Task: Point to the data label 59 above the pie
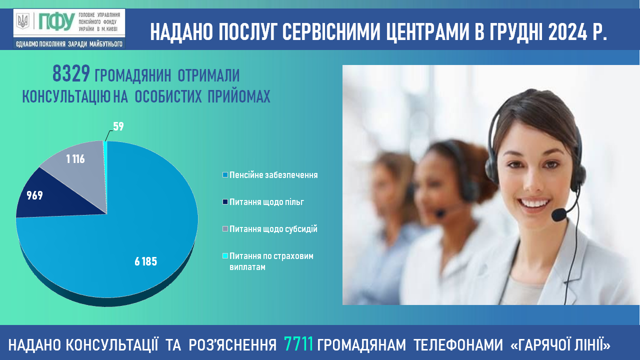[118, 126]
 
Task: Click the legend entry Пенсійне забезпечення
[270, 175]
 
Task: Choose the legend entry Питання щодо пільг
[263, 202]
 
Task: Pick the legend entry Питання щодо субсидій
[270, 229]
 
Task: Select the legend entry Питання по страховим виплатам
[268, 261]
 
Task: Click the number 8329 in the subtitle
[71, 73]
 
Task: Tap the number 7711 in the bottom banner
[298, 344]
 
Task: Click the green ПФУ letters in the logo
[56, 21]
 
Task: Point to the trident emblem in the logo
[22, 21]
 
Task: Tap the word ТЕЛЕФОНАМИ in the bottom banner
[458, 344]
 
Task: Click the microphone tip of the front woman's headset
[559, 215]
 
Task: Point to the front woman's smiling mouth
[533, 203]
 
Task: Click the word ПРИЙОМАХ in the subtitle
[239, 96]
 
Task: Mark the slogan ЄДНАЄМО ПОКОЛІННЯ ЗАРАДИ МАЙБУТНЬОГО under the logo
[69, 44]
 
